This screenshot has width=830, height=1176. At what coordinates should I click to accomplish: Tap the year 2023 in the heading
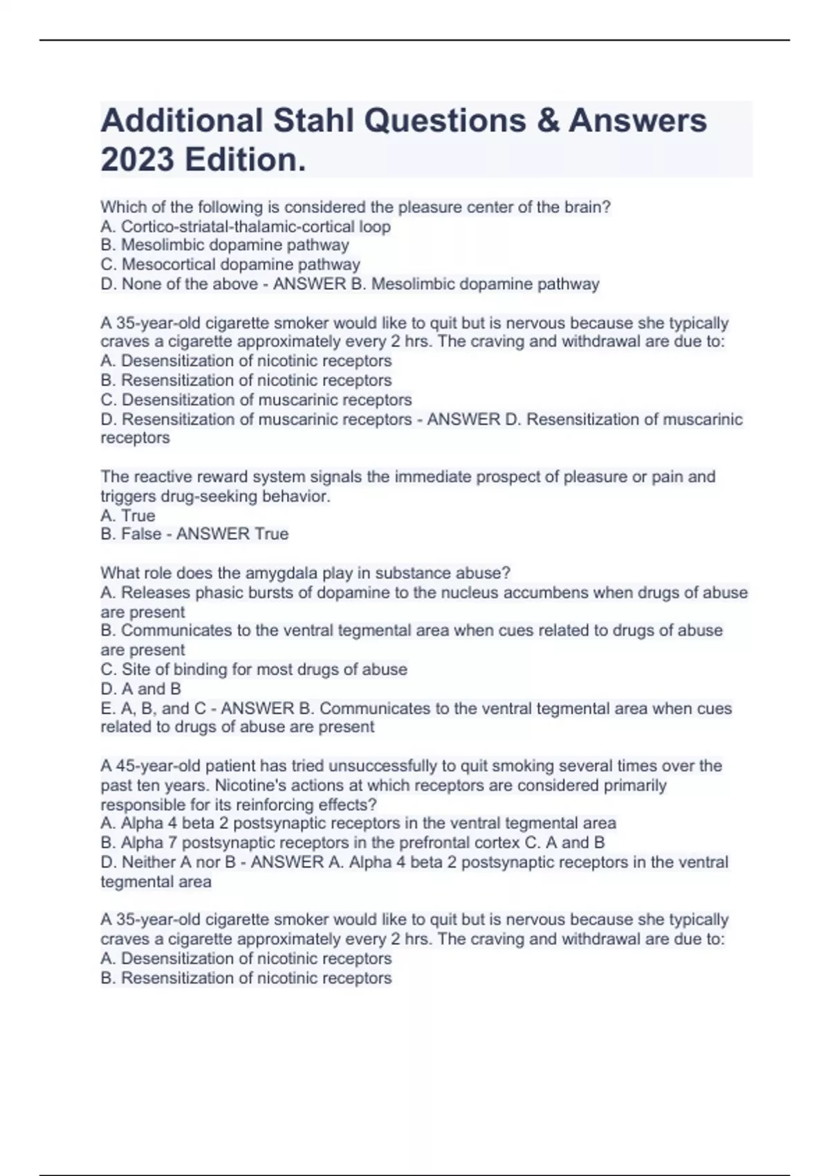click(x=137, y=160)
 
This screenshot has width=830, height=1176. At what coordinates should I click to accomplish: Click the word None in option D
click(x=142, y=284)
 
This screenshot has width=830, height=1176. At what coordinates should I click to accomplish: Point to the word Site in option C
click(x=136, y=669)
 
